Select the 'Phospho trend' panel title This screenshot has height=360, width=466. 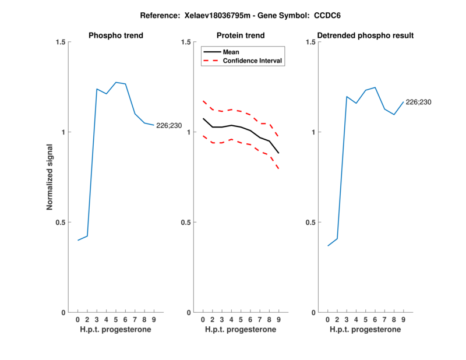coord(116,36)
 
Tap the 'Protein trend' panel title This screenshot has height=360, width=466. coord(241,36)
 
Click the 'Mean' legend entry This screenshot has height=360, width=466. coord(231,52)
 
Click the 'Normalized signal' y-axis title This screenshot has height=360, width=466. coord(51,177)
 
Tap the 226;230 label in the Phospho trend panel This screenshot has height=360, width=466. coord(168,125)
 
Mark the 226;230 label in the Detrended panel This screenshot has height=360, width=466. coord(418,102)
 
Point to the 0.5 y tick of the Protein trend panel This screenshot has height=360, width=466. coord(186,223)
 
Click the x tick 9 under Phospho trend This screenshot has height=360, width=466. coord(154,320)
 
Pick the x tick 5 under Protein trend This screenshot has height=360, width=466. coord(241,320)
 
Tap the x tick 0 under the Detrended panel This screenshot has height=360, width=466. coord(327,320)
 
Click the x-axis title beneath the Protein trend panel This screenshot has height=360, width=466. coord(241,330)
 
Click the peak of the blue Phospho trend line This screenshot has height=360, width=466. coord(116,82)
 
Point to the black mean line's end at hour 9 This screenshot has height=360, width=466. coord(278,153)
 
